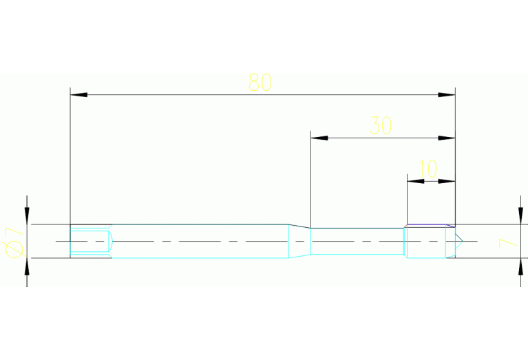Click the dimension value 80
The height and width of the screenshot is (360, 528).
click(260, 83)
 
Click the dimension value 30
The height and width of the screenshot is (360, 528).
click(381, 125)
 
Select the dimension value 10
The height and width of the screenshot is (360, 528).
click(428, 169)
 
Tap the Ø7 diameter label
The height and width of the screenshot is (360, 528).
click(14, 242)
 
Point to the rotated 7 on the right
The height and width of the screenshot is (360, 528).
click(507, 243)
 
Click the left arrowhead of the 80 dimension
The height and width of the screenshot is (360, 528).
click(78, 95)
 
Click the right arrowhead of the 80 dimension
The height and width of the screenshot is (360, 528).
click(447, 95)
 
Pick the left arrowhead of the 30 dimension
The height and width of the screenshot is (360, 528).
click(319, 138)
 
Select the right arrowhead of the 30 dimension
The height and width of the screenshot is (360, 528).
click(447, 138)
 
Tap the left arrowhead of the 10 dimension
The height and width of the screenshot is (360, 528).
click(416, 181)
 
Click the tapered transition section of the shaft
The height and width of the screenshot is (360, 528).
click(299, 241)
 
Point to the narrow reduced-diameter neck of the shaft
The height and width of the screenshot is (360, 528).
click(357, 241)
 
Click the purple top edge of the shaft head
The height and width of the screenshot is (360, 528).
click(431, 224)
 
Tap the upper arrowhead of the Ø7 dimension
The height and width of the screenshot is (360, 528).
click(27, 216)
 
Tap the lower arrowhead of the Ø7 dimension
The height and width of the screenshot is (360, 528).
click(27, 266)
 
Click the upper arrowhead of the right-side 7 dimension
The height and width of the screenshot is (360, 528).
click(520, 216)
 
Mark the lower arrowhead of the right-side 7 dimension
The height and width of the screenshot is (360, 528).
click(520, 266)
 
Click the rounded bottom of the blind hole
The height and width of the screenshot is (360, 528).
click(112, 241)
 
